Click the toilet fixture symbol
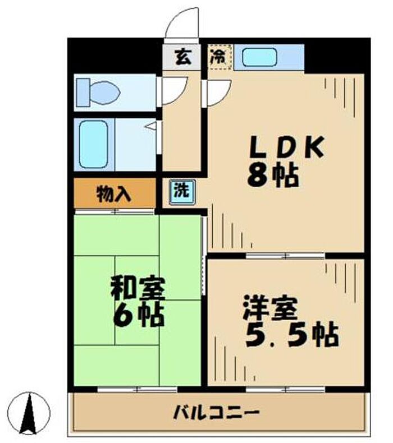click(98, 93)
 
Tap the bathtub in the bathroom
click(94, 144)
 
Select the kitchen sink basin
click(259, 57)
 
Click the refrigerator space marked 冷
click(220, 57)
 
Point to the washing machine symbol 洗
click(182, 192)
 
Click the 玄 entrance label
click(182, 57)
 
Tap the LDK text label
click(287, 147)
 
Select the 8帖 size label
click(273, 176)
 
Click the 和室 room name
click(138, 288)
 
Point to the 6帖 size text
click(138, 315)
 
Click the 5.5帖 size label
click(293, 335)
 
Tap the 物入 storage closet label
click(114, 195)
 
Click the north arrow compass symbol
click(29, 413)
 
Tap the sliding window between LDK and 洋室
click(285, 256)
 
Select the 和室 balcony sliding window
click(138, 389)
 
